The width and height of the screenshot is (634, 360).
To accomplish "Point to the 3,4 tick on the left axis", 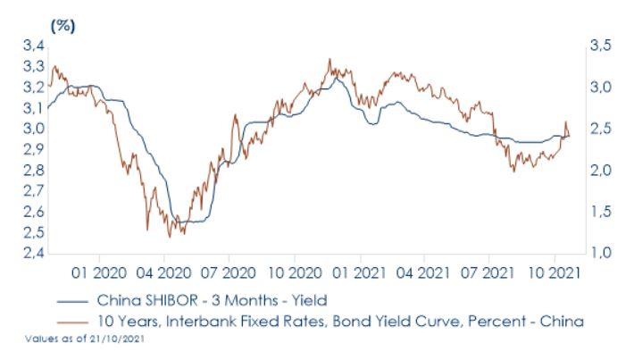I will tap(33, 46).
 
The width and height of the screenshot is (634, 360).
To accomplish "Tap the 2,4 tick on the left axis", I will tap(33, 254).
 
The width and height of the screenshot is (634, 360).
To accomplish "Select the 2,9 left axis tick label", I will tap(33, 149).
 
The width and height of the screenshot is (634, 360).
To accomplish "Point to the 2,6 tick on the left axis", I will tap(33, 212).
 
